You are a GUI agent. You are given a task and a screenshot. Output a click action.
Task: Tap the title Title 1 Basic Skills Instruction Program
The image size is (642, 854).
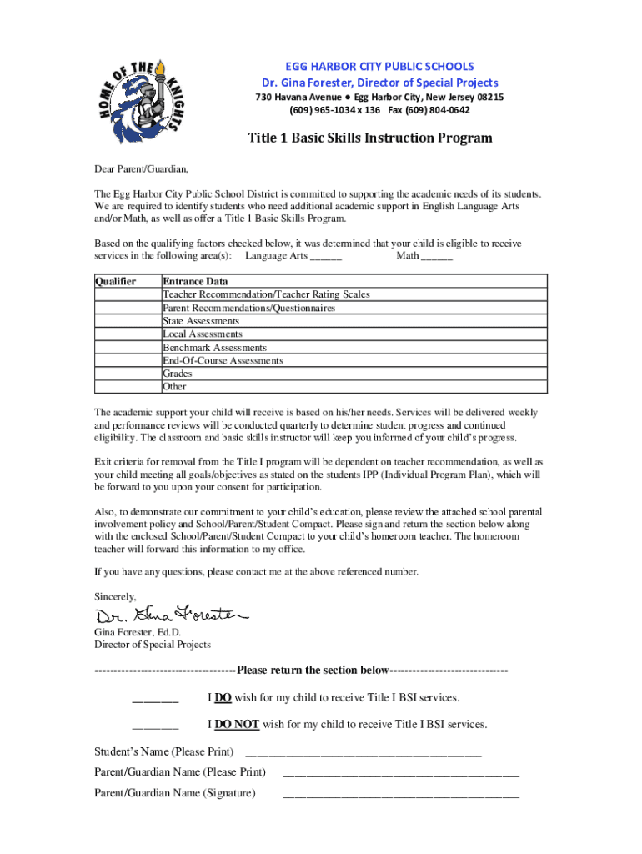(369, 138)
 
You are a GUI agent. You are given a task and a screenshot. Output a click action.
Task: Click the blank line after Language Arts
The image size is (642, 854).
(325, 256)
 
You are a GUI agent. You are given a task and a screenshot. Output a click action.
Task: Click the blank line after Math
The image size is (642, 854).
(437, 256)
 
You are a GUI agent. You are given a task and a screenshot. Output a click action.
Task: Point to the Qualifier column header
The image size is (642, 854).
(116, 281)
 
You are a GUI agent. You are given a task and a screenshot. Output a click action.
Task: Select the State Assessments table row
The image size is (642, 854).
(201, 321)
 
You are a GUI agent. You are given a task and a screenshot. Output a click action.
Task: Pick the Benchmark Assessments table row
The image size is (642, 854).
(215, 347)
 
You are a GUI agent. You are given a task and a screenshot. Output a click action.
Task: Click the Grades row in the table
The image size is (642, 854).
(178, 374)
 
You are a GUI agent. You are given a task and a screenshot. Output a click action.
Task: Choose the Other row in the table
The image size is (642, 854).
(175, 387)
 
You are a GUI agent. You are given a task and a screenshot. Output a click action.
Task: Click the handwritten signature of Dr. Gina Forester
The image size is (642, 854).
(171, 615)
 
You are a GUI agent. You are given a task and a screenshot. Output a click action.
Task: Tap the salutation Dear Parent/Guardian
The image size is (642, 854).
(135, 168)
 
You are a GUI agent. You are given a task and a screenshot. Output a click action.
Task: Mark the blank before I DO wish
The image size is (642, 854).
(155, 699)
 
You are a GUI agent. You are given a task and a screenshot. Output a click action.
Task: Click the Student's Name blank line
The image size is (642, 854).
(362, 753)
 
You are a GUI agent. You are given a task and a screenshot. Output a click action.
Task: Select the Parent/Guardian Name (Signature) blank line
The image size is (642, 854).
(401, 794)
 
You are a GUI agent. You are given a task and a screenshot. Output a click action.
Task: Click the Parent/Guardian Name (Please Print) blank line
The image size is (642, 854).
(401, 773)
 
